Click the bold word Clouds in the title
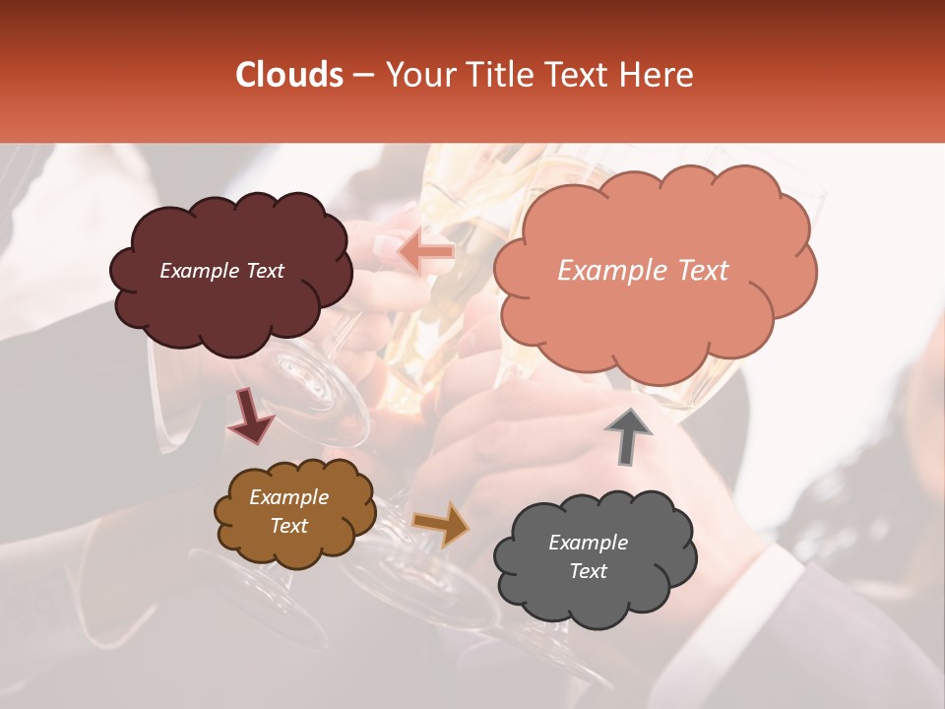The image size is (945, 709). click(289, 75)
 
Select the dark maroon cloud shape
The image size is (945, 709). click(230, 305)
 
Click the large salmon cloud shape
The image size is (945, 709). click(654, 315)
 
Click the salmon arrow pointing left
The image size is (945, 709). click(425, 252)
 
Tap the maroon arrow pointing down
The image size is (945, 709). click(250, 416)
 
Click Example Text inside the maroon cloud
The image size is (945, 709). click(221, 271)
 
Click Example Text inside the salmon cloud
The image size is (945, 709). click(643, 271)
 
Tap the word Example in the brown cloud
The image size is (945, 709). click(288, 497)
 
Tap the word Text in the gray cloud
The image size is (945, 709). click(588, 571)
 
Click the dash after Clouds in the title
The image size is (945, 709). click(361, 75)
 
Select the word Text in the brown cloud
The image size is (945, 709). click(288, 526)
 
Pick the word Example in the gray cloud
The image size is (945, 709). click(588, 543)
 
